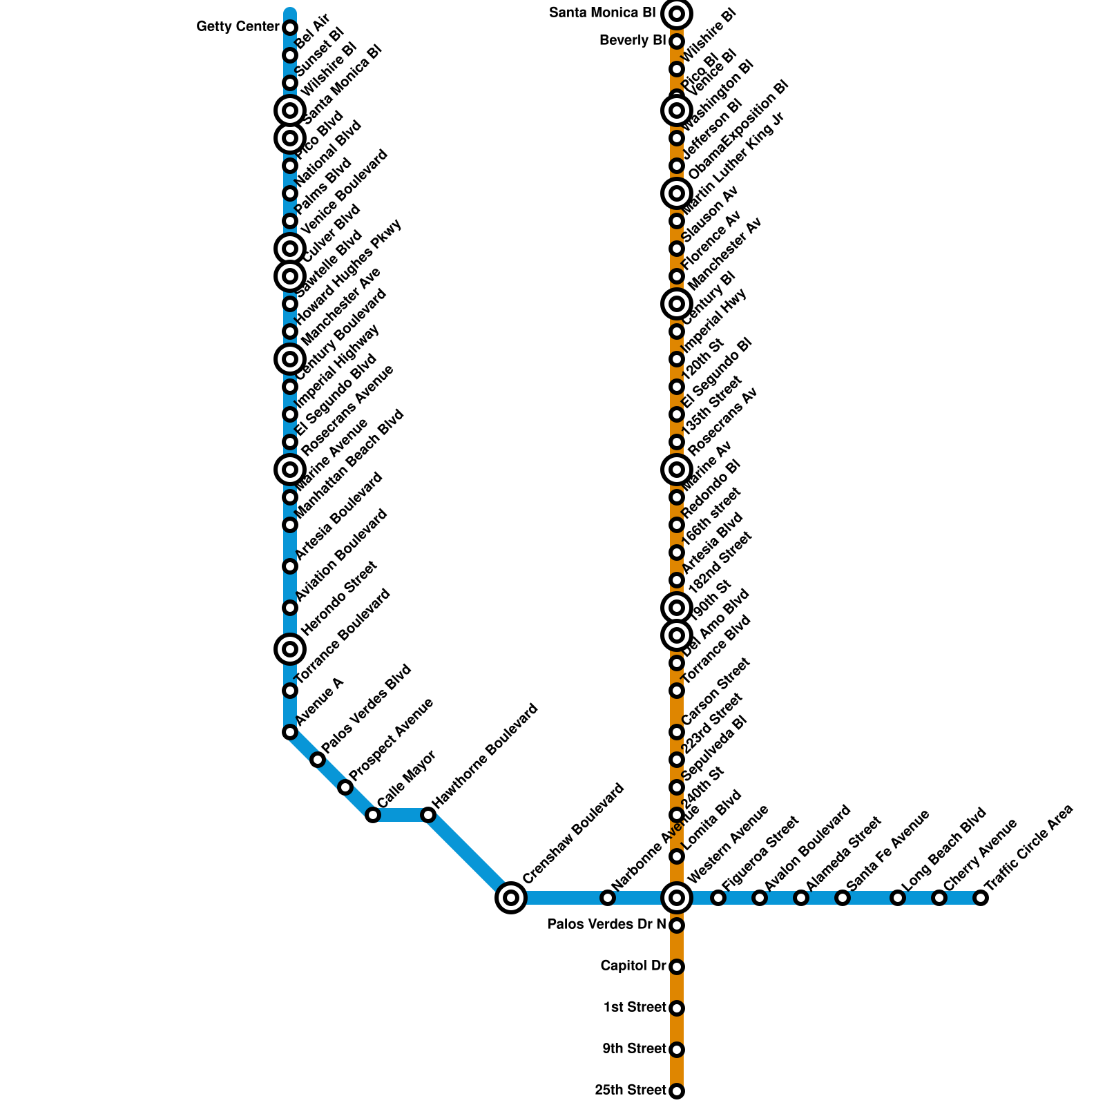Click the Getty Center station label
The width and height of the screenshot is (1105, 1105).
click(238, 27)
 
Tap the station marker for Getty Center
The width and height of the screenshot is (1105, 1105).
click(290, 28)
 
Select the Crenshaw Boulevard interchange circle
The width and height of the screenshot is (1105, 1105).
click(511, 898)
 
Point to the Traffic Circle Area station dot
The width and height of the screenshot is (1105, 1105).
click(981, 898)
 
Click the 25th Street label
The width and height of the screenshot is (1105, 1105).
click(631, 1090)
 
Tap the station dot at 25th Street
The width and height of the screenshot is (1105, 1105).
click(677, 1091)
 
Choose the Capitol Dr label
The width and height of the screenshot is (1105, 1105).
click(633, 965)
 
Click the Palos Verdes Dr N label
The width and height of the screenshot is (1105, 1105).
click(607, 924)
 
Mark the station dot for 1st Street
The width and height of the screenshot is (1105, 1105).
click(677, 1008)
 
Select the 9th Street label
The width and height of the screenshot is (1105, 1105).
click(634, 1049)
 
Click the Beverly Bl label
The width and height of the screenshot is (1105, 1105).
click(633, 41)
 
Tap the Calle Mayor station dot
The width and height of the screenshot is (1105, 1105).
click(373, 815)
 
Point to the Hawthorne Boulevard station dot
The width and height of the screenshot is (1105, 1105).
click(428, 815)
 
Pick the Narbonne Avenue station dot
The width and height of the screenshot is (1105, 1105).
click(608, 898)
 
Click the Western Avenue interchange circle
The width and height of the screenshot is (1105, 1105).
click(677, 898)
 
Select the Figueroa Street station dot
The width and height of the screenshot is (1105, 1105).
click(718, 898)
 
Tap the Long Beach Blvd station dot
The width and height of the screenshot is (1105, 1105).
click(898, 898)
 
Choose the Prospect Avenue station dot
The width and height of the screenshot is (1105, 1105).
click(345, 787)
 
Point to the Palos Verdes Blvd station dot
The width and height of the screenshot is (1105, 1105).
click(318, 760)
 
